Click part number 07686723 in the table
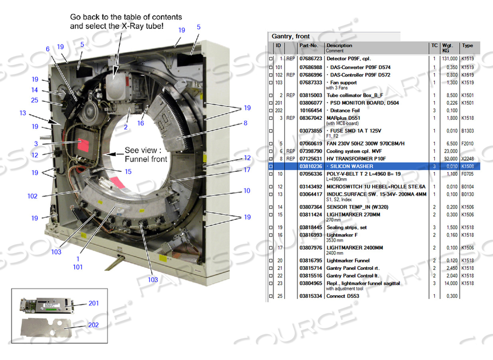tap(311, 59)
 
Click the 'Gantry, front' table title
tap(291, 36)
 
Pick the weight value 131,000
tap(449, 59)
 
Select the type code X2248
tap(468, 158)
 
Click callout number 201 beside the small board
tap(93, 303)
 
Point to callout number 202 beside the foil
tap(93, 325)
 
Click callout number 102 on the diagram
tap(32, 196)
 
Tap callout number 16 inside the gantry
tap(140, 123)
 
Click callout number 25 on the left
tap(34, 100)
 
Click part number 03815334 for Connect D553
tap(311, 296)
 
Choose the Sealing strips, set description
tap(347, 227)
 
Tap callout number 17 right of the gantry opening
tap(247, 170)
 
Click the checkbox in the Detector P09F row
tap(271, 59)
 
